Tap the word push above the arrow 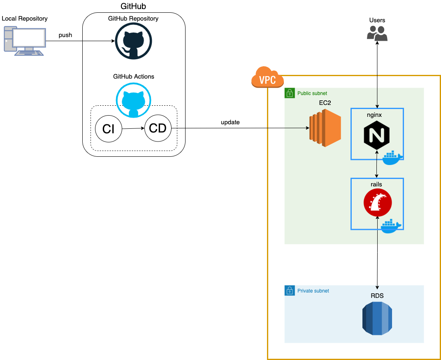65,35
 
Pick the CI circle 109,129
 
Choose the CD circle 158,128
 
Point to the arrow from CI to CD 133,129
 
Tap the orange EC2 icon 325,128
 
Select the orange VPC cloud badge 267,77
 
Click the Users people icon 377,33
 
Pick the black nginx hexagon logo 377,135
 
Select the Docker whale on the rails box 391,226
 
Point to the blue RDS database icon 377,318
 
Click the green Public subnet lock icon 290,93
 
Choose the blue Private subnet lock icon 290,291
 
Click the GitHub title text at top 133,6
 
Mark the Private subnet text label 313,291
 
